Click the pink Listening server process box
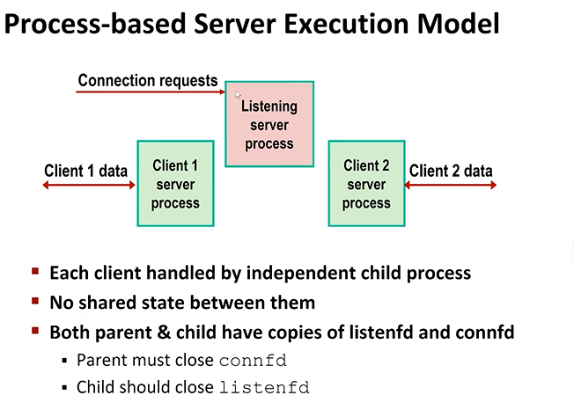(x=269, y=124)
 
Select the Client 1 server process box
(x=175, y=184)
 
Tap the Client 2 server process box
(x=366, y=184)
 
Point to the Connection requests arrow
(x=150, y=92)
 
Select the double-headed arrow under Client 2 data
(x=450, y=185)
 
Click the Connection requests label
(x=147, y=81)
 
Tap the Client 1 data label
(x=85, y=171)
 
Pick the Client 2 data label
(x=451, y=171)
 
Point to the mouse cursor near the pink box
(x=238, y=93)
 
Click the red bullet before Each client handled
(x=35, y=272)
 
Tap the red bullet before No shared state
(x=35, y=302)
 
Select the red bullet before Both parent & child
(x=35, y=332)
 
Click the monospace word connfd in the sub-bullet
(x=253, y=361)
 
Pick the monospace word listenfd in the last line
(x=264, y=387)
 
